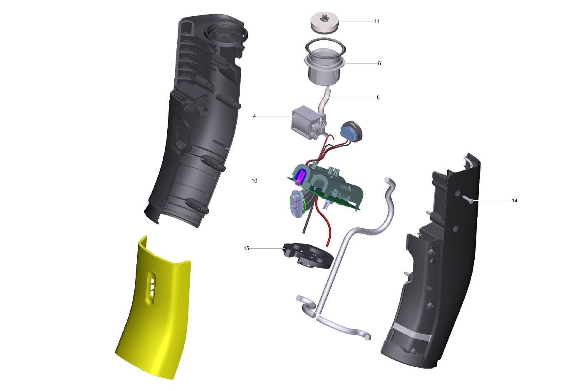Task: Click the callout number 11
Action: click(376, 21)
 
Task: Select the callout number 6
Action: click(379, 63)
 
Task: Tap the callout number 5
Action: click(378, 98)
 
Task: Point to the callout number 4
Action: click(254, 116)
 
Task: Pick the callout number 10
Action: click(254, 181)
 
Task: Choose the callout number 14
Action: click(515, 200)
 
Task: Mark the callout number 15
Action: click(246, 248)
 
